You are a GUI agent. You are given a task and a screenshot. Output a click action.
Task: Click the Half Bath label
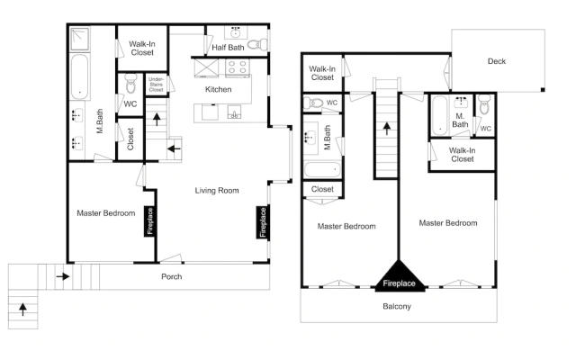click(x=228, y=48)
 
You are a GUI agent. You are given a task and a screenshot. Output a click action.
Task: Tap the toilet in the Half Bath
click(x=257, y=44)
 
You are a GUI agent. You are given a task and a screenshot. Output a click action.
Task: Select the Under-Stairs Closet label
click(x=156, y=84)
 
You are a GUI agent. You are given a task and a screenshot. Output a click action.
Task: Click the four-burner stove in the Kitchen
click(x=238, y=68)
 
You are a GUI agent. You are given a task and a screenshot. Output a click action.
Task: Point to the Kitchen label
click(x=218, y=89)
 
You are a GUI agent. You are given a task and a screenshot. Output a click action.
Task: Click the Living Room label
click(x=217, y=190)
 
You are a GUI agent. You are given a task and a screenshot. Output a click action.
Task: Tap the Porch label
click(x=172, y=276)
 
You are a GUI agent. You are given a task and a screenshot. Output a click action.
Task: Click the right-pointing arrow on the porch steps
click(x=63, y=276)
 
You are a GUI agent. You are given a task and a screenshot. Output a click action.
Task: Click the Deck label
click(x=497, y=61)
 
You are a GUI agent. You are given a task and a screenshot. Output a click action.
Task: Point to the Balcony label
click(x=397, y=306)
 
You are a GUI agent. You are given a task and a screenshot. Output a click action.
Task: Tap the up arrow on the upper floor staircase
click(x=386, y=129)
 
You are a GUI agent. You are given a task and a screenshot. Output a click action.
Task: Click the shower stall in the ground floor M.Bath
click(x=80, y=39)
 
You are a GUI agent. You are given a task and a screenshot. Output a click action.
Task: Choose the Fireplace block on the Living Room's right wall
click(x=263, y=222)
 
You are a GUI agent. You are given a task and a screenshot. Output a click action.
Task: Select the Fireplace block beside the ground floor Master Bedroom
click(x=149, y=221)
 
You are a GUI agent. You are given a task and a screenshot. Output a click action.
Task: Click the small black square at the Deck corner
click(x=543, y=90)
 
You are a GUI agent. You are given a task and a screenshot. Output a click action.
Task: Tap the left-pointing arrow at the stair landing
click(x=174, y=148)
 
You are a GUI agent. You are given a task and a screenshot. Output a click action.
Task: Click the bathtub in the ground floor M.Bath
click(x=79, y=76)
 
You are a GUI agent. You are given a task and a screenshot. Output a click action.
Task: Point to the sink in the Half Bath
click(x=236, y=32)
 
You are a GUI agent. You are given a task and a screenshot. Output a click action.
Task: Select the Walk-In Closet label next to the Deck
click(x=322, y=73)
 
